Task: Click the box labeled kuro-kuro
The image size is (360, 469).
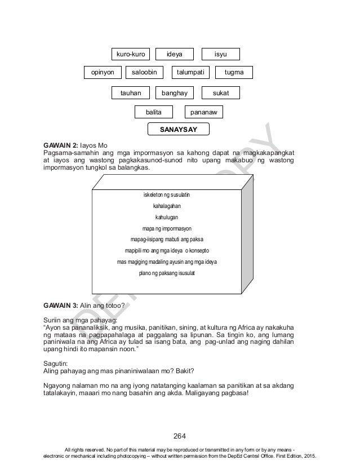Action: pos(131,54)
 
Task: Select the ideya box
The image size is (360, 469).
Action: pos(174,54)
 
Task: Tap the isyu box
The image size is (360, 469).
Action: pos(221,54)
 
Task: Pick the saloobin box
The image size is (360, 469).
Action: pos(143,73)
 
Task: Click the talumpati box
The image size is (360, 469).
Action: pos(190,73)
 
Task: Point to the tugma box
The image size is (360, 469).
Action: pos(234,73)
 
